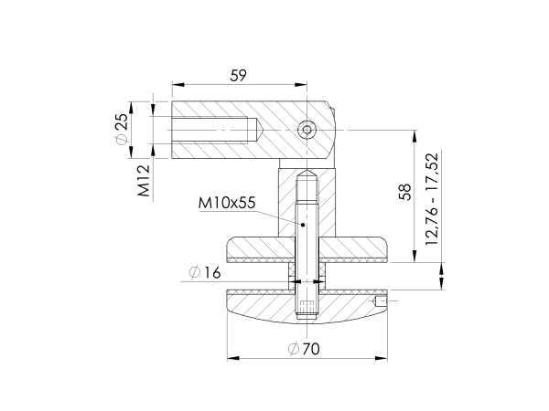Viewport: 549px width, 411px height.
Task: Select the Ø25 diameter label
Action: pos(122,131)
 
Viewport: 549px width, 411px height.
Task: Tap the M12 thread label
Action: pos(145,182)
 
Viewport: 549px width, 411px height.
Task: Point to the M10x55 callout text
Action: pos(226,203)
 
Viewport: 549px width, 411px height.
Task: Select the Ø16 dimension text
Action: pos(205,272)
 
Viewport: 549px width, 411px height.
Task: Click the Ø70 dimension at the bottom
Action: pos(307,348)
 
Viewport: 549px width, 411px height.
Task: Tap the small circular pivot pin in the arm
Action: pos(308,131)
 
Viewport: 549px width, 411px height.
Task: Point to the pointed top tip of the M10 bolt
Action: pos(308,171)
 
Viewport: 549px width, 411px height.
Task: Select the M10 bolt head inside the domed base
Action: pos(308,311)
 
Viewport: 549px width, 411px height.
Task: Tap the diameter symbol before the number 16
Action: pos(193,272)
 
